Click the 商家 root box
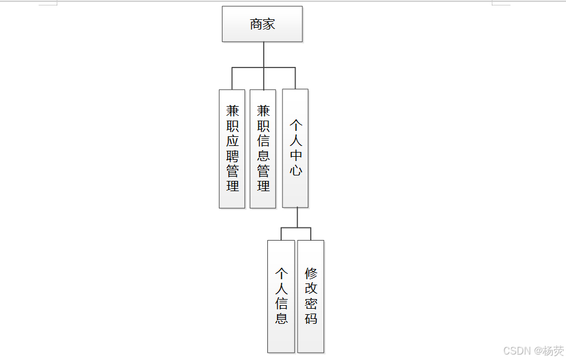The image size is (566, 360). point(262,24)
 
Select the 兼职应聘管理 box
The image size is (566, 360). point(232,149)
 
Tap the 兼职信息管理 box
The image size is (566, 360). point(263,149)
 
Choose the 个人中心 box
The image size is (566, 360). point(295,148)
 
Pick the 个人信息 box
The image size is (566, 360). point(281,296)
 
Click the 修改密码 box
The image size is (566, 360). point(311,296)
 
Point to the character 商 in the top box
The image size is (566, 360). point(256,24)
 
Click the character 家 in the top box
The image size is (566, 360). point(269,24)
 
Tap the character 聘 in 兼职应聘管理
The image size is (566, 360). point(232,156)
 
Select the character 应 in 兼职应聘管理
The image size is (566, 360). point(232,141)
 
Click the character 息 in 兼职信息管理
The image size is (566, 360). point(263,156)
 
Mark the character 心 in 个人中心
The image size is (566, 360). point(296,170)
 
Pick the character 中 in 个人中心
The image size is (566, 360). point(296,155)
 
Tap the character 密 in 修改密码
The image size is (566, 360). point(311,303)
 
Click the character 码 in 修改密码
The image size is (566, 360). point(311,318)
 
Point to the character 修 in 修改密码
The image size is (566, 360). point(311,274)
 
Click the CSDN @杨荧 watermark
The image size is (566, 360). point(533,350)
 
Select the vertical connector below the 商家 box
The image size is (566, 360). point(264,55)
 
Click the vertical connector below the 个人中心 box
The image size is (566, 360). point(297,218)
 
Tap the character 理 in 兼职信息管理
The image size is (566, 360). point(263,186)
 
